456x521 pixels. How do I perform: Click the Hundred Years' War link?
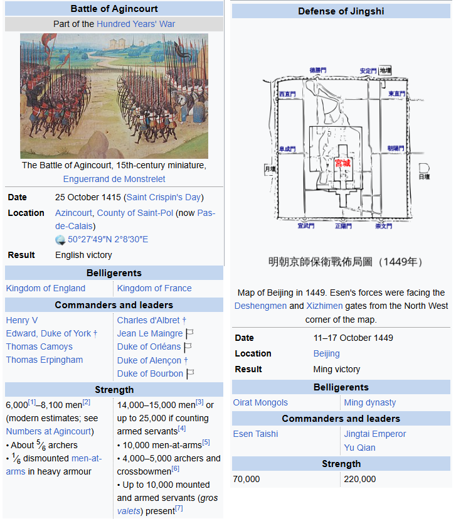(x=135, y=24)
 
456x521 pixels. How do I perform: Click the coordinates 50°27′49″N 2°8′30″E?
(x=108, y=239)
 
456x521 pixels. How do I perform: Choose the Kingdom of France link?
(x=154, y=288)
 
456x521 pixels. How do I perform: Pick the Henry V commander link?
(x=22, y=320)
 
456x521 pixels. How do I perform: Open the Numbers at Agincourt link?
(x=48, y=431)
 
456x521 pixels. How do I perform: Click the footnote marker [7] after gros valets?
(x=179, y=508)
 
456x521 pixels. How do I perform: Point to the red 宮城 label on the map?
(x=342, y=163)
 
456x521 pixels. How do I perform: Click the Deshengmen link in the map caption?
(x=260, y=306)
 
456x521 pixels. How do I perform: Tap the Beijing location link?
(x=326, y=353)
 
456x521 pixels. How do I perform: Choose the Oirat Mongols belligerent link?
(x=260, y=402)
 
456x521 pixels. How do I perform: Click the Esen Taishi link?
(x=255, y=434)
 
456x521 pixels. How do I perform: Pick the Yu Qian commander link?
(x=359, y=448)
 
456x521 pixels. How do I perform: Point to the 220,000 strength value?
(x=359, y=479)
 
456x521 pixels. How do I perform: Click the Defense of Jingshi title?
(x=341, y=11)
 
